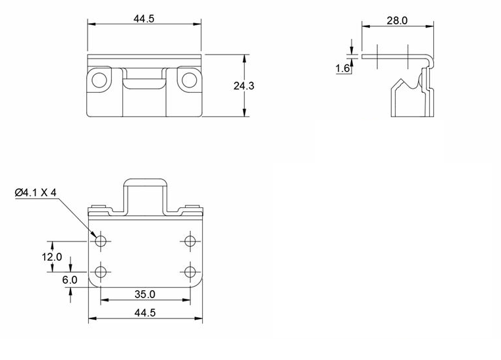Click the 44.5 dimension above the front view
coord(144,18)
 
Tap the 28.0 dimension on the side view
coord(396,20)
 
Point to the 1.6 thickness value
coord(342,68)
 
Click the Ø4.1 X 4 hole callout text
coord(36,192)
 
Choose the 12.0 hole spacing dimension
coord(52,257)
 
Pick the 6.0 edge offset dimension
coord(70,280)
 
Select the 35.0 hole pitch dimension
coord(144,294)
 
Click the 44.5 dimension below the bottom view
coord(144,313)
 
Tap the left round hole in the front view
coord(99,80)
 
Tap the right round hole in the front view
coord(189,80)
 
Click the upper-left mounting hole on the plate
coord(101,242)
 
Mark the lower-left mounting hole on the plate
coord(101,271)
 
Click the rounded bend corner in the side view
coord(431,59)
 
